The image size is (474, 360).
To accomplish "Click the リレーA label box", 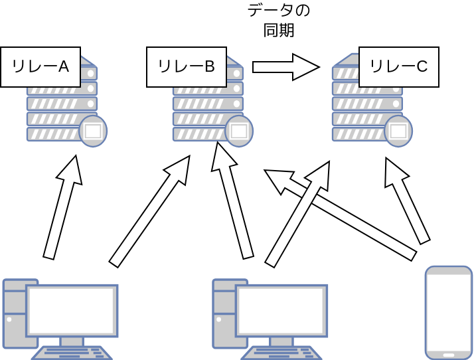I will (x=40, y=67).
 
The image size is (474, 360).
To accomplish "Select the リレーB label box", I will (x=187, y=67).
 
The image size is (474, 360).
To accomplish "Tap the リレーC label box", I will (x=399, y=67).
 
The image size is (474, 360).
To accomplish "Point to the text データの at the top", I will (x=279, y=11).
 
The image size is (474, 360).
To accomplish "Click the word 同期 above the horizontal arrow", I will (x=279, y=31).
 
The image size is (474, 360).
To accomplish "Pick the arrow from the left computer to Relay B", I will (x=150, y=211).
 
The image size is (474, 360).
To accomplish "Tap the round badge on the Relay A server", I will (x=93, y=131).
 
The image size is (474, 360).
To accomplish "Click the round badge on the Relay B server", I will (x=239, y=131).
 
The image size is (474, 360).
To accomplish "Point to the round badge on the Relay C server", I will (x=398, y=131).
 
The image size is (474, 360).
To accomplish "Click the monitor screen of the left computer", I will (x=71, y=311).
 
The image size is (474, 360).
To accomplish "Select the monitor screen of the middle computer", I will (x=281, y=311).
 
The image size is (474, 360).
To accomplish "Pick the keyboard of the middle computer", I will (x=281, y=353).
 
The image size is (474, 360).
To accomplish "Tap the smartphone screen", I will (x=449, y=312).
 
